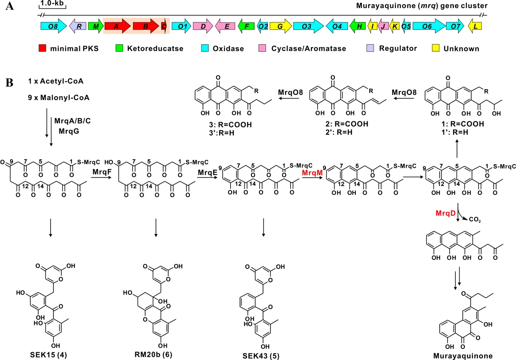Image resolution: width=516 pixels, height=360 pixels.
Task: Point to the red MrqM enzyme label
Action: (x=310, y=173)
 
